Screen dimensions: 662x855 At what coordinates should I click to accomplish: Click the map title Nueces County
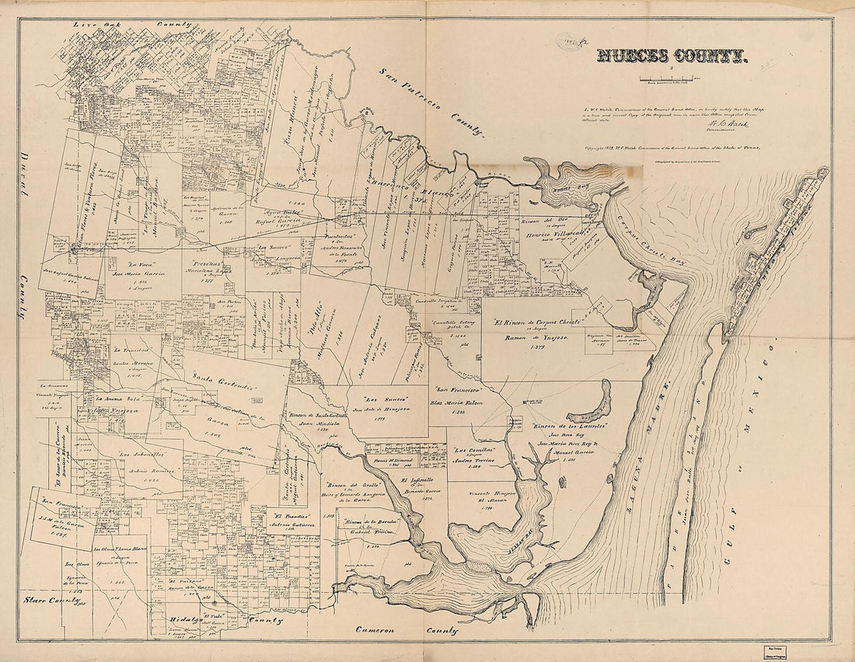point(672,55)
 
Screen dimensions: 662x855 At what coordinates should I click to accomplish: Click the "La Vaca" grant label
point(128,263)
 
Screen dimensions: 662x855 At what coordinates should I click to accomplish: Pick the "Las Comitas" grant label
point(476,451)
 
